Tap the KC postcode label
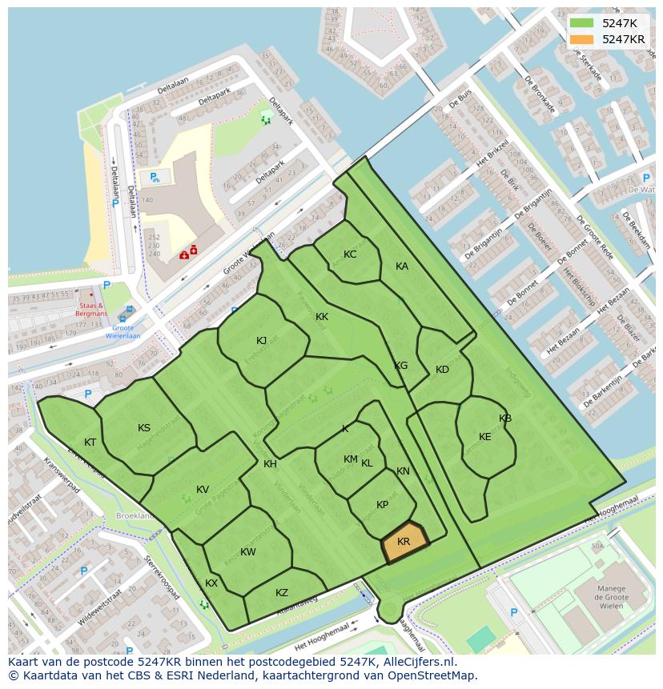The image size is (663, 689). (350, 254)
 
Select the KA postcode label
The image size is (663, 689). (402, 266)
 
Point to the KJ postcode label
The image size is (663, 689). (262, 341)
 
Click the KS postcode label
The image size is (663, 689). (144, 428)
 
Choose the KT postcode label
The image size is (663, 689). (90, 443)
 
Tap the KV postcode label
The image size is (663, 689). (203, 490)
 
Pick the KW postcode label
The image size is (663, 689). (248, 552)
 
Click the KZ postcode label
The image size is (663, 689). (282, 593)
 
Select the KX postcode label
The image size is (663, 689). (211, 583)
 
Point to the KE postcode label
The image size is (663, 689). (485, 437)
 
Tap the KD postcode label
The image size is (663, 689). (442, 370)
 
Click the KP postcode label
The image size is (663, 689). (382, 505)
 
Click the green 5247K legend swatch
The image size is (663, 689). (582, 23)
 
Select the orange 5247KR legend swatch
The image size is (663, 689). (582, 39)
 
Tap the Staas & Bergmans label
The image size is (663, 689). (91, 309)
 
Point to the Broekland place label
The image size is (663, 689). (135, 516)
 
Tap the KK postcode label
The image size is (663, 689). (322, 317)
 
